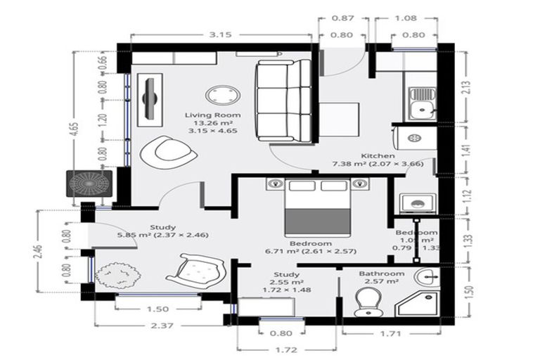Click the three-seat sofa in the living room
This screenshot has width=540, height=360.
pos(283,100)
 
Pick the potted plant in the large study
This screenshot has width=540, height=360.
pos(114,275)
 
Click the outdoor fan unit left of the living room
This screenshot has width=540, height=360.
pos(89,184)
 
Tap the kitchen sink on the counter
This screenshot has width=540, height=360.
pos(422,102)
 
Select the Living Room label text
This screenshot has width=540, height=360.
pos(212,115)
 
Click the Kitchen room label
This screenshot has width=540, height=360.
pos(378,155)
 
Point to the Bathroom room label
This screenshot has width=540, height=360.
pos(381,274)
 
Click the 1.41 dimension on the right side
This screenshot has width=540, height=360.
pos(465,148)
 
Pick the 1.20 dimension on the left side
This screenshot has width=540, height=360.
pos(103,120)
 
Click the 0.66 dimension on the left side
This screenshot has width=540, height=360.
pos(103,61)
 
